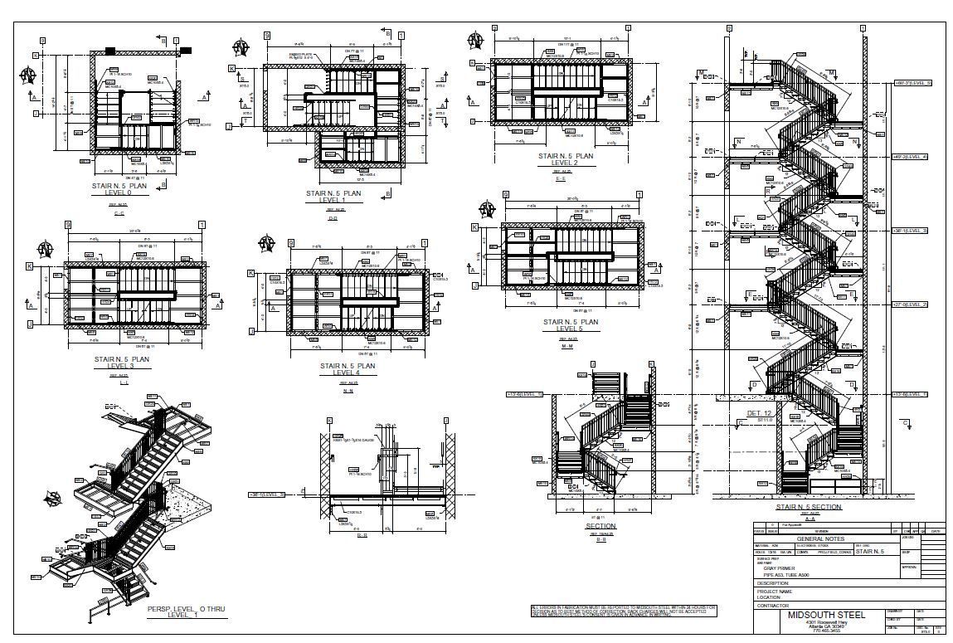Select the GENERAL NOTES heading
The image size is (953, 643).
click(x=819, y=538)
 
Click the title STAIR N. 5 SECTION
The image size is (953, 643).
click(x=808, y=506)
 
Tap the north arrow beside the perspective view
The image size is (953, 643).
click(x=55, y=499)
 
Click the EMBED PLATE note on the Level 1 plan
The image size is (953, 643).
click(x=299, y=56)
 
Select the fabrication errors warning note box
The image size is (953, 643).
click(x=624, y=611)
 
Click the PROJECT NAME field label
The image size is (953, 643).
click(x=775, y=592)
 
